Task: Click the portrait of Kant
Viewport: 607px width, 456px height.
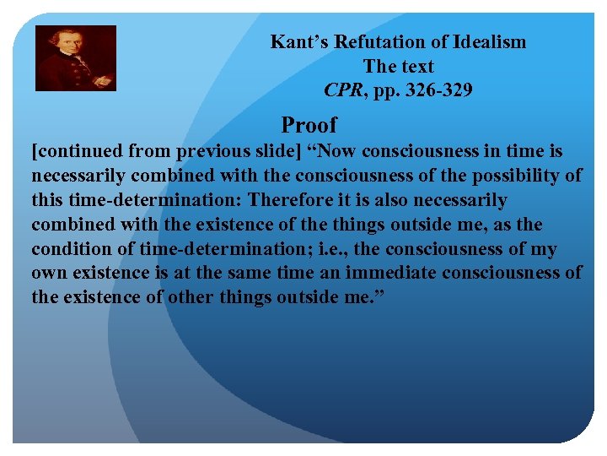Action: [75, 57]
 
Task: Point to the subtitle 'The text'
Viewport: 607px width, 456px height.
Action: [398, 66]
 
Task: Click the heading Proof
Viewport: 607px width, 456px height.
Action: [309, 125]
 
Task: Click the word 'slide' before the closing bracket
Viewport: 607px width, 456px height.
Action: [264, 151]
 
